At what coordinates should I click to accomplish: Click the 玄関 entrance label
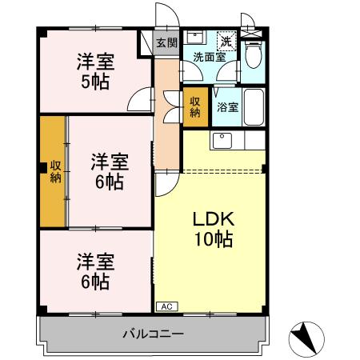(166, 42)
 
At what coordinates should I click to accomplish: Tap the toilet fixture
(254, 57)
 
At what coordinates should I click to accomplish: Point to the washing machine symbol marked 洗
(226, 42)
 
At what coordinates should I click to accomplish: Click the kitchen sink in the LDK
(222, 142)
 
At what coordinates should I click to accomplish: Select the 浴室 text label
(226, 107)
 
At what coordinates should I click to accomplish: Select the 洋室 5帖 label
(94, 70)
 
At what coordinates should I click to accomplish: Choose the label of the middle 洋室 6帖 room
(106, 171)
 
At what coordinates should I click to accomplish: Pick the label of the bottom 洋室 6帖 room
(94, 271)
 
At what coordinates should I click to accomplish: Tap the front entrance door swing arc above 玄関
(167, 16)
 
